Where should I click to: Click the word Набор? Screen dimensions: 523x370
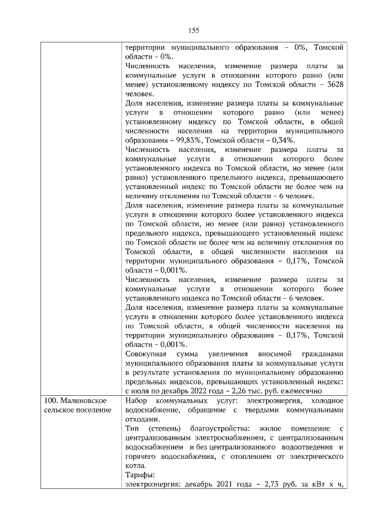click(x=136, y=400)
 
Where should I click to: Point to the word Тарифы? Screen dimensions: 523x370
click(x=139, y=475)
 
